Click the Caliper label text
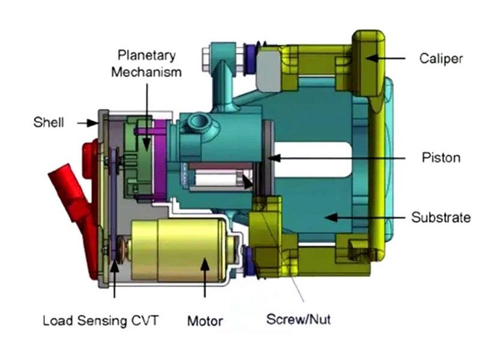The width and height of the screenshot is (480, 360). (x=441, y=58)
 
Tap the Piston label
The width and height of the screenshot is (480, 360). (x=441, y=158)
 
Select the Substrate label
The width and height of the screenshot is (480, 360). (x=441, y=217)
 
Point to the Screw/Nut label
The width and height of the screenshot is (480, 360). (x=298, y=319)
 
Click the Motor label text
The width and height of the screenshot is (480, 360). (x=205, y=321)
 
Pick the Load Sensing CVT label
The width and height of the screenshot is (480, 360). (x=101, y=321)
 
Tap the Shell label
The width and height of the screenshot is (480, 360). (x=49, y=122)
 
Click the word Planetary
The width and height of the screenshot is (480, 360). (x=146, y=55)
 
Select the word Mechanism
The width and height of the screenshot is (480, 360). (x=146, y=72)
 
